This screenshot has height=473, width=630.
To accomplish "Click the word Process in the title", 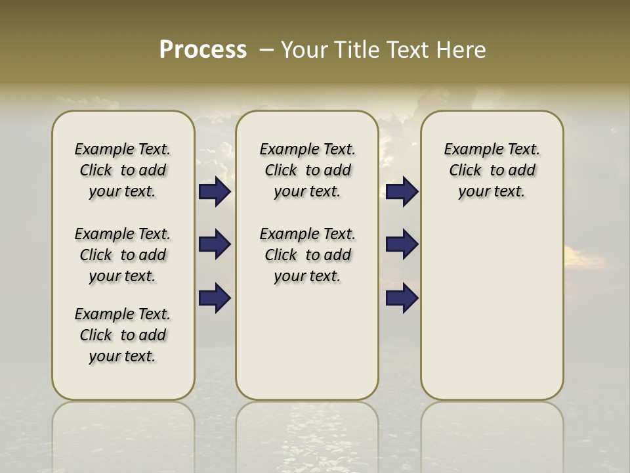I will point(203,50).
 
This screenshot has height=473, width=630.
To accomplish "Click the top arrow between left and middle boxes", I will point(215,192).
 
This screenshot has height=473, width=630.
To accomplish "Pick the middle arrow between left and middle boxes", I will point(215,244).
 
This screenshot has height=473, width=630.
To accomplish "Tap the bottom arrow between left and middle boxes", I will point(215,298).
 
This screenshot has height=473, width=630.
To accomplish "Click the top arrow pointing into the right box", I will point(402,192).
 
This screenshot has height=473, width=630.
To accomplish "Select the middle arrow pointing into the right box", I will point(402,244).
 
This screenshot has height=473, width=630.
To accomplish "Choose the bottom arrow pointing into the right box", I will point(402,298).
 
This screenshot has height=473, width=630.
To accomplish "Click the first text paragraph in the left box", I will point(123,170).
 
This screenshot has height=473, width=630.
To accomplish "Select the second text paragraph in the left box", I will point(123,255).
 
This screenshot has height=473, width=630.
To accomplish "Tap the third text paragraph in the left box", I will point(123,335).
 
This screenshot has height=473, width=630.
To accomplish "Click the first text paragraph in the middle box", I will point(308,170).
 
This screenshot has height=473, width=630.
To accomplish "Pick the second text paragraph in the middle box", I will point(308,255).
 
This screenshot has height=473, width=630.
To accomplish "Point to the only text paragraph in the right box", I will point(492,170).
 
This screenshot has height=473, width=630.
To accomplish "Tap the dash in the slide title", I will point(266,50).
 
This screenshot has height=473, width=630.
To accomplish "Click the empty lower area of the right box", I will point(492,309).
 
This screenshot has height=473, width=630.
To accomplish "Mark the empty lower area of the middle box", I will point(307,342).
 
